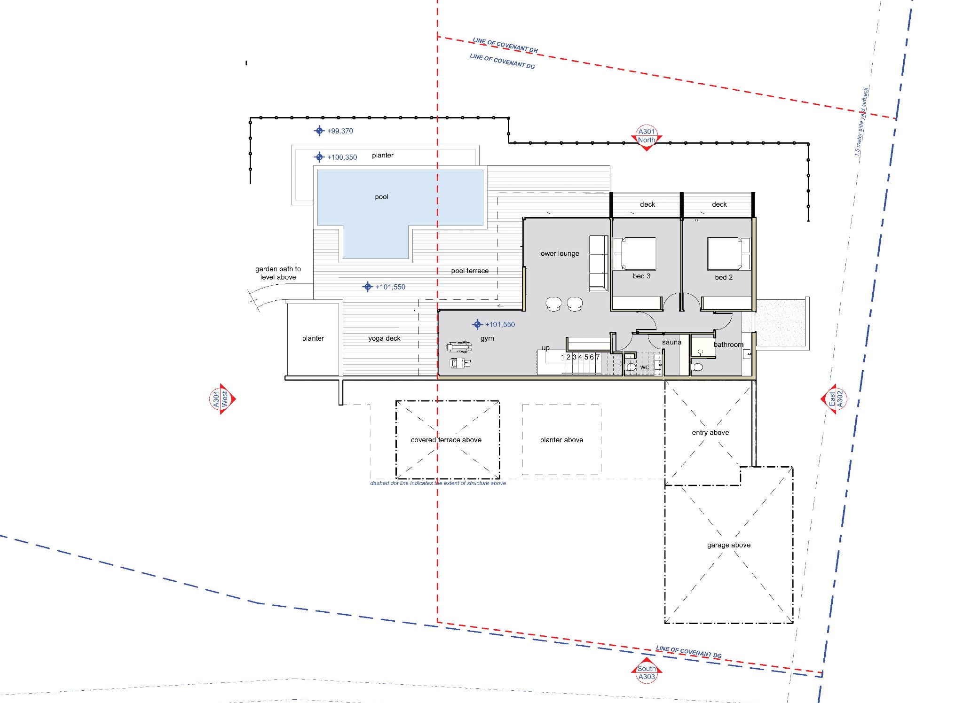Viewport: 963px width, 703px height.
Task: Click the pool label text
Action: pyautogui.click(x=381, y=197)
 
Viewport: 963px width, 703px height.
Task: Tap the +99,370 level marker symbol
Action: pyautogui.click(x=319, y=131)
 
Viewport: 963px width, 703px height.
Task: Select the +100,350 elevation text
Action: pyautogui.click(x=342, y=157)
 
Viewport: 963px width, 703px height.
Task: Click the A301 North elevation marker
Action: pyautogui.click(x=647, y=138)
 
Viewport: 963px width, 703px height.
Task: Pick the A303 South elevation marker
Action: pyautogui.click(x=647, y=672)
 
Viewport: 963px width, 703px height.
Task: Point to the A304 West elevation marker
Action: pyautogui.click(x=222, y=399)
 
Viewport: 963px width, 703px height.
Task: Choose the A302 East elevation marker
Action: pyautogui.click(x=835, y=399)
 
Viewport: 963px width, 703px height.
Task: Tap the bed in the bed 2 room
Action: pyautogui.click(x=729, y=253)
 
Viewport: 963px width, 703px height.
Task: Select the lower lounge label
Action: pyautogui.click(x=559, y=254)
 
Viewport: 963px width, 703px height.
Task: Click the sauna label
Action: pyautogui.click(x=671, y=342)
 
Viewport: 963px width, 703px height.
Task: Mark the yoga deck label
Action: pyautogui.click(x=384, y=338)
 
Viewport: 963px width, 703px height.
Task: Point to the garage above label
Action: pyautogui.click(x=729, y=545)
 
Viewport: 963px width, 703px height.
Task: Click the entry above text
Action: pyautogui.click(x=710, y=433)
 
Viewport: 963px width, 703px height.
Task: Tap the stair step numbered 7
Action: pyautogui.click(x=598, y=357)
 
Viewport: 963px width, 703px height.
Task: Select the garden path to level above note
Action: pyautogui.click(x=278, y=273)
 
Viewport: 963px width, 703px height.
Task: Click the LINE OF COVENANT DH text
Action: pyautogui.click(x=505, y=45)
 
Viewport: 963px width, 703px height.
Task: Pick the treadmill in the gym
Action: pyautogui.click(x=459, y=347)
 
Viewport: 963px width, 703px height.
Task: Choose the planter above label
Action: pyautogui.click(x=561, y=440)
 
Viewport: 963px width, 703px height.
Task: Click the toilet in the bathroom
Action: pyautogui.click(x=698, y=367)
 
